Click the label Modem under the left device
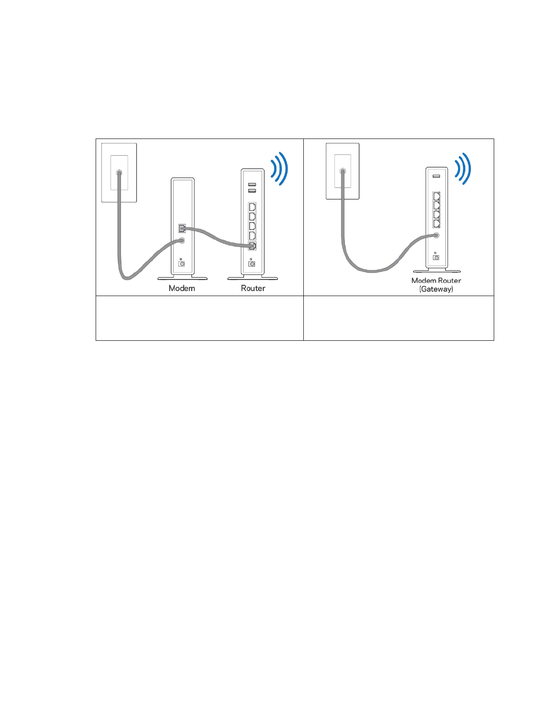tap(182, 288)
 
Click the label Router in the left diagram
tap(253, 288)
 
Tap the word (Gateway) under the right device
tap(436, 289)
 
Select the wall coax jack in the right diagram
tap(342, 170)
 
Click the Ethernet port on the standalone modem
tap(182, 228)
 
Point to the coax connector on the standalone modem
tap(182, 240)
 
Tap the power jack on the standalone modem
tap(181, 264)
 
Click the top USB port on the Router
tap(252, 184)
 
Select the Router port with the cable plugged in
tap(252, 246)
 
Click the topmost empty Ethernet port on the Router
tap(252, 207)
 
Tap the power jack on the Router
tap(252, 264)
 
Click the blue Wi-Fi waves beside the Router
tap(279, 169)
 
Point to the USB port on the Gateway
tap(436, 176)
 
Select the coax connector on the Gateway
tap(437, 236)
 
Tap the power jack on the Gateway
tap(436, 258)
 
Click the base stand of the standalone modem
tap(182, 278)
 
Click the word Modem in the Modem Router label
tap(424, 281)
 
